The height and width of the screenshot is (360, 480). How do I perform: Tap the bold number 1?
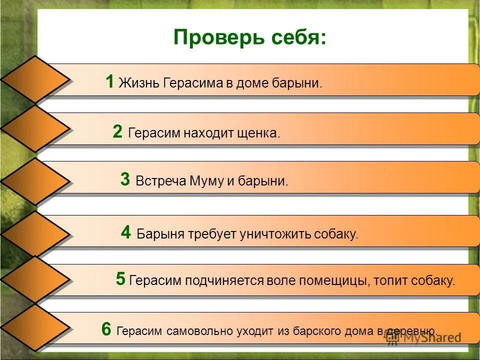pos(110,81)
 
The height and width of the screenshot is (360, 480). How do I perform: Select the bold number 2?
pos(117,132)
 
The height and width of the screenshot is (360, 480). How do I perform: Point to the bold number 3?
pos(125,179)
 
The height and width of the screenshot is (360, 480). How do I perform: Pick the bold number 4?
pos(126,232)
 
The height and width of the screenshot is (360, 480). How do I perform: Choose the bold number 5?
pos(120,279)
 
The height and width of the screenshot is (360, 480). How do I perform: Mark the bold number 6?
pos(106,329)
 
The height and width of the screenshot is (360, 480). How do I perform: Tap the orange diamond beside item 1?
pos(35,79)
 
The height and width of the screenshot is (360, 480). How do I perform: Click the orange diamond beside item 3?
pos(35,181)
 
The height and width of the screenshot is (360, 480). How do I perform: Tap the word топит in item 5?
pos(391,280)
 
